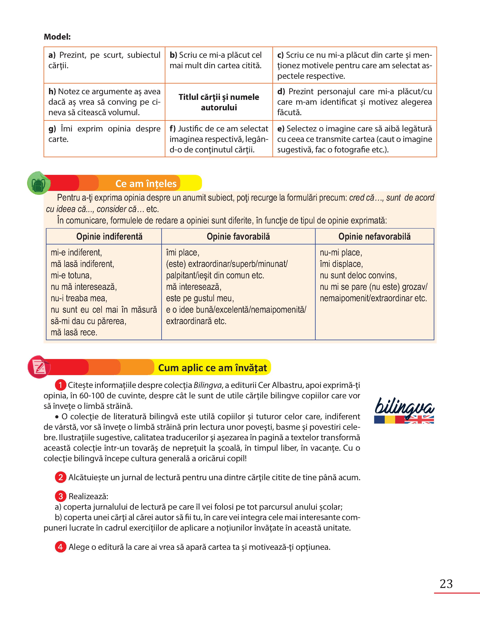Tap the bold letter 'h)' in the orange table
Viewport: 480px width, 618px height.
pos(52,91)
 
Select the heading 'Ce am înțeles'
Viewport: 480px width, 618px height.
pos(146,184)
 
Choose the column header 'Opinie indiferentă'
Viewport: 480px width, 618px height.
pos(109,236)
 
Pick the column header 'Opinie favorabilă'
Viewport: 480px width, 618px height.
pos(238,236)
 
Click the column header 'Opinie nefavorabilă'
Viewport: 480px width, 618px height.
pos(374,236)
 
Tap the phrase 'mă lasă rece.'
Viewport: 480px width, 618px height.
pos(74,332)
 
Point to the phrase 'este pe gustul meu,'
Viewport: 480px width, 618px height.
pos(200,298)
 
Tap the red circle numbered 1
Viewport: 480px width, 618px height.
pos(60,385)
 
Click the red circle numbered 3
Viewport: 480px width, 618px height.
pos(60,496)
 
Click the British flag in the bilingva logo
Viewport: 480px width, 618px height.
pos(419,420)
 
